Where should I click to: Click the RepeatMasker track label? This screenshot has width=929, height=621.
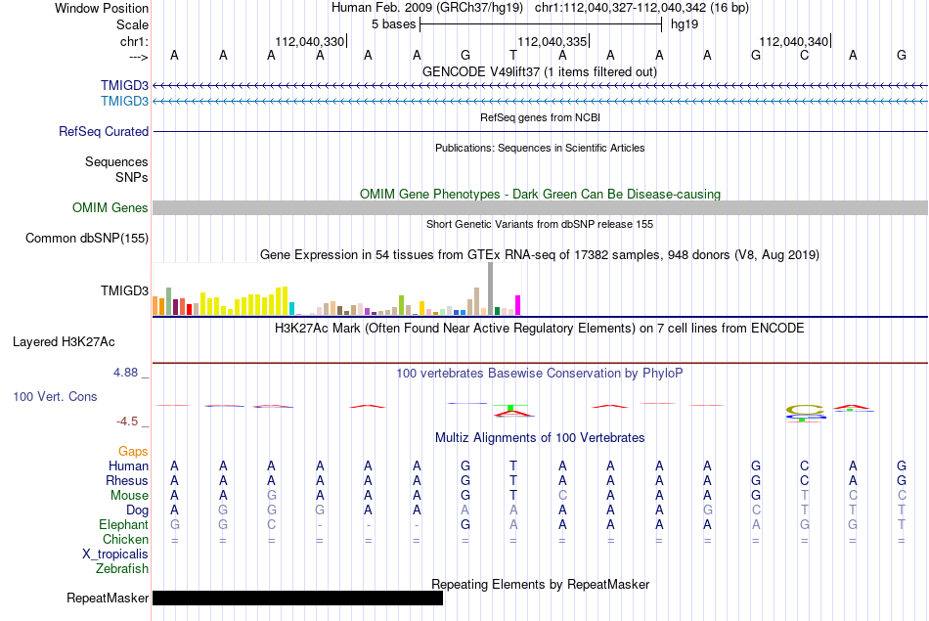(x=108, y=598)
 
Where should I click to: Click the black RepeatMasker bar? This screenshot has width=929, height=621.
(x=297, y=598)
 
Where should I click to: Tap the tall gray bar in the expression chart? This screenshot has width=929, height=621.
(x=491, y=288)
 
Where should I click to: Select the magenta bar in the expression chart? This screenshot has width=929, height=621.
(x=518, y=305)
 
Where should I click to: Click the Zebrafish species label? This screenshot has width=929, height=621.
(x=122, y=569)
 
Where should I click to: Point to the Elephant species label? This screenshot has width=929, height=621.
(x=123, y=525)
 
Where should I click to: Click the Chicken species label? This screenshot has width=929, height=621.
(x=125, y=539)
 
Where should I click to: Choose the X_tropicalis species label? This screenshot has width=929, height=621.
(x=115, y=554)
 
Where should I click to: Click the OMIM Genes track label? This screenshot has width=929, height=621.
(x=111, y=208)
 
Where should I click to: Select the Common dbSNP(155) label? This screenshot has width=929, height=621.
(x=87, y=239)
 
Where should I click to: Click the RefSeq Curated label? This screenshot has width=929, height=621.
(x=104, y=132)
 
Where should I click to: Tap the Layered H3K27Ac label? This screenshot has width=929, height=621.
(x=64, y=342)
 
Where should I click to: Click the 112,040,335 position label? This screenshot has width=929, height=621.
(x=553, y=41)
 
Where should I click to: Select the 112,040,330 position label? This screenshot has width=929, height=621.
(x=309, y=41)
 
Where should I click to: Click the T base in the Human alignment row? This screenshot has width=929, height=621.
(x=513, y=466)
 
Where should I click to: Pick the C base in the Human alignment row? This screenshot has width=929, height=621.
(x=804, y=466)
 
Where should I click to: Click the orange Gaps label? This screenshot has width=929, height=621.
(x=133, y=452)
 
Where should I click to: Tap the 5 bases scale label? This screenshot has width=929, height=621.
(x=394, y=24)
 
